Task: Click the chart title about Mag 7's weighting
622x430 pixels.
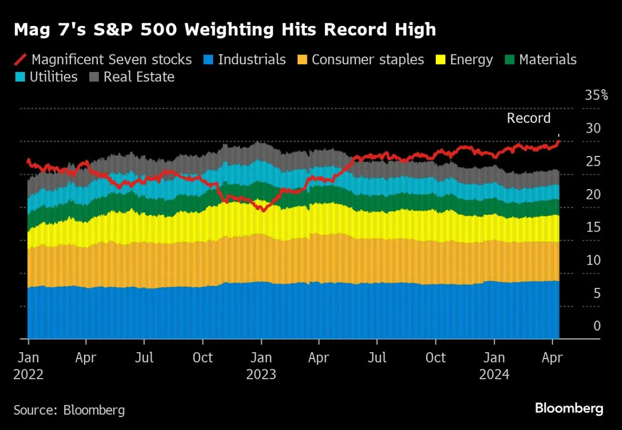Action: [224, 30]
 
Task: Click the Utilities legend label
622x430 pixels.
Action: [53, 77]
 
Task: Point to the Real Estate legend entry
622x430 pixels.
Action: [138, 77]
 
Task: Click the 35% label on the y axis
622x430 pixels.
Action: [596, 95]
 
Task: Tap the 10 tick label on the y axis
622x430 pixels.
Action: [593, 260]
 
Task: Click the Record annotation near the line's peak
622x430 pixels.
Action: [528, 118]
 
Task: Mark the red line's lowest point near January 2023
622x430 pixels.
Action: [263, 210]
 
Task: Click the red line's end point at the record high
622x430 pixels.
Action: [558, 141]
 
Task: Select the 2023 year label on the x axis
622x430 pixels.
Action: [261, 374]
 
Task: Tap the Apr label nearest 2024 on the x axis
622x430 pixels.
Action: [553, 358]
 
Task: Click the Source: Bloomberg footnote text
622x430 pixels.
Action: [69, 410]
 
